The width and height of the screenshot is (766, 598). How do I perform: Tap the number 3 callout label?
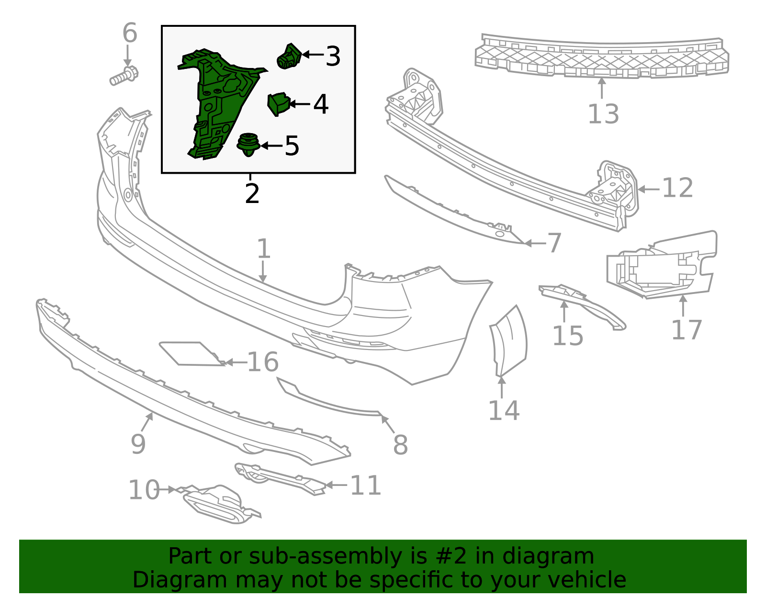(x=333, y=56)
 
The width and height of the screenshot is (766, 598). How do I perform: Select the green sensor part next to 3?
(x=289, y=57)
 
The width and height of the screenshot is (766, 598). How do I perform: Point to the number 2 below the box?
(x=252, y=194)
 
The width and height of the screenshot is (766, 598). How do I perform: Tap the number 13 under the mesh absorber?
(x=603, y=114)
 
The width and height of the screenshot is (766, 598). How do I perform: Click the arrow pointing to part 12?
(x=649, y=189)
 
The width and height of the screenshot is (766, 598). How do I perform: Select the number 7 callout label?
(x=554, y=243)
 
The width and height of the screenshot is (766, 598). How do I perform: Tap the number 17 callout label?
(x=687, y=330)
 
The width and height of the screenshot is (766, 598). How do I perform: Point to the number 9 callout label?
(x=138, y=445)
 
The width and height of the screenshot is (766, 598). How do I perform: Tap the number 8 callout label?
(x=400, y=445)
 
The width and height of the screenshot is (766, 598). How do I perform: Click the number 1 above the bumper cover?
(x=263, y=249)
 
